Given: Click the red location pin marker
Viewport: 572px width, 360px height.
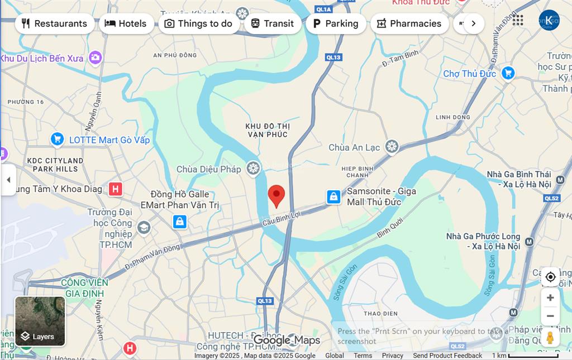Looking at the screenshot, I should click(277, 196).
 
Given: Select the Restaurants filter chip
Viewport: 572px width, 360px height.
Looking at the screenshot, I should click(55, 23).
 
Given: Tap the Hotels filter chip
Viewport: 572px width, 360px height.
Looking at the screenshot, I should click(126, 23).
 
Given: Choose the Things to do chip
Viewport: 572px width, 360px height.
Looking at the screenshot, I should click(198, 23).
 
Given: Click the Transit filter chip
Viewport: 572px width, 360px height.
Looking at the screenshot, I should click(273, 23).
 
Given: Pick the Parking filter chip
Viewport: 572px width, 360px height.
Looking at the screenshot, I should click(335, 23).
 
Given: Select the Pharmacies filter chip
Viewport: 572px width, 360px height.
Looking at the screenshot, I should click(409, 23).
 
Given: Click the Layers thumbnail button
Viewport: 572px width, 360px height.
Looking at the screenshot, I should click(40, 321).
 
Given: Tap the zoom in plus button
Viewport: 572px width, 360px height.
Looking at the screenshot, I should click(550, 297).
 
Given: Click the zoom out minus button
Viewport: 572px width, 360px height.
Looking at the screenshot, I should click(550, 316).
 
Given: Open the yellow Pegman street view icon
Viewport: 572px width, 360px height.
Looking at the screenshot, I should click(550, 338).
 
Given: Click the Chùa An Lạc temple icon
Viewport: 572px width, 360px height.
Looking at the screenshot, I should click(392, 147).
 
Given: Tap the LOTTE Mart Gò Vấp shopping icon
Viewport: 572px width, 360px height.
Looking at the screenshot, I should click(57, 140).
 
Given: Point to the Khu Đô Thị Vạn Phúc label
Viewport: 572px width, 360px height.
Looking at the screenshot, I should click(268, 130).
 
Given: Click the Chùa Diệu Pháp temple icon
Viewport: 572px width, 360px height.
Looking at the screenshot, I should click(254, 168).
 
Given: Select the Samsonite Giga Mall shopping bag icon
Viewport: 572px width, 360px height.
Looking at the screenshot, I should click(333, 196).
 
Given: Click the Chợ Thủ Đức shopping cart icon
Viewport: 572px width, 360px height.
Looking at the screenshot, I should click(508, 73).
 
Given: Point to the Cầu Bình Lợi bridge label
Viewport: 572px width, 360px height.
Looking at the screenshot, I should click(282, 218).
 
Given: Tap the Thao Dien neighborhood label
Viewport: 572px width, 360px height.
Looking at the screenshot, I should click(380, 313).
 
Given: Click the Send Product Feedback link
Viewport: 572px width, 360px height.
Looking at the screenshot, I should click(447, 356).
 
